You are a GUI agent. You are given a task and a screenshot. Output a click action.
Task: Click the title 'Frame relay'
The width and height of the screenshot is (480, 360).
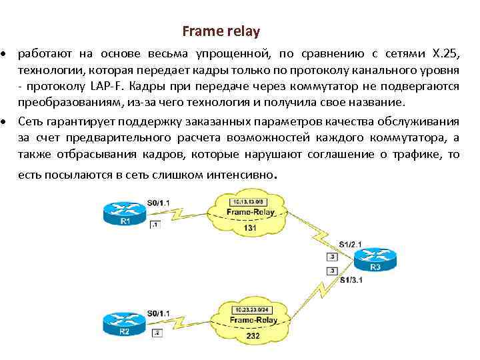tap(221, 31)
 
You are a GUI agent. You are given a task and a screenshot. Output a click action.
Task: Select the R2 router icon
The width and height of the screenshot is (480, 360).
tap(123, 323)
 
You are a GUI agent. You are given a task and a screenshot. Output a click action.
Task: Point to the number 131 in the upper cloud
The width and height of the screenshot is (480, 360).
tap(251, 228)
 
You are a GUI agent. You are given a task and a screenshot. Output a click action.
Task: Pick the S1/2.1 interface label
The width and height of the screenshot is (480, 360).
tap(350, 244)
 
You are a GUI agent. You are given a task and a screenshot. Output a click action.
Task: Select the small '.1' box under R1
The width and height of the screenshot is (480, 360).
tap(155, 225)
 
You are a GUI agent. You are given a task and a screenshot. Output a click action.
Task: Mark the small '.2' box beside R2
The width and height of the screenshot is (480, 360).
tap(157, 332)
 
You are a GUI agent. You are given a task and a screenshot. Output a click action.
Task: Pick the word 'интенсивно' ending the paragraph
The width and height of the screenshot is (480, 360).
tap(242, 175)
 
